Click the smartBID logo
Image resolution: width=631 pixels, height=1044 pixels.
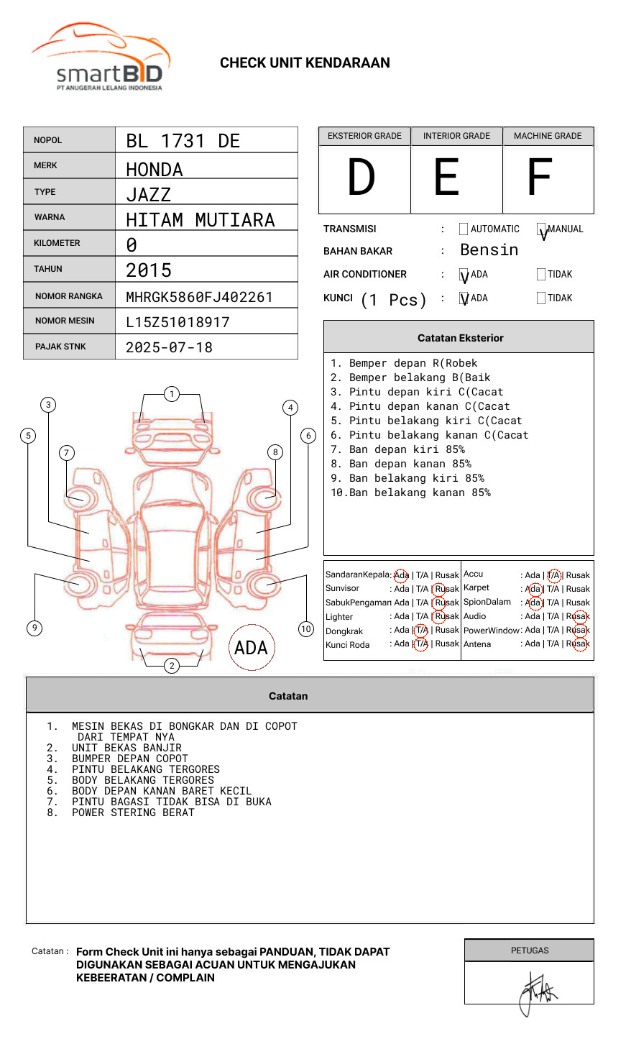tap(101, 57)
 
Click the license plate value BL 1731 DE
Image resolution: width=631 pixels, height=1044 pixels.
tap(183, 141)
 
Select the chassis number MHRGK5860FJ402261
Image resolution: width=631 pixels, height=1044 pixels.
tap(199, 297)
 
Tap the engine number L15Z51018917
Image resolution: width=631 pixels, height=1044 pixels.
tap(178, 322)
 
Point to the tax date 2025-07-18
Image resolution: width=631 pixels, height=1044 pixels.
tap(169, 347)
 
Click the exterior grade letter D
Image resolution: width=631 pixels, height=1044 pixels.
tap(361, 177)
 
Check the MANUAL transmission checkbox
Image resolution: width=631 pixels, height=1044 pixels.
tap(541, 229)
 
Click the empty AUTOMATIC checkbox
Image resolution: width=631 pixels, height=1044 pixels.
tap(464, 229)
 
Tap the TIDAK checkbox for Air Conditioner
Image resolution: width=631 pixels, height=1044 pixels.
tap(541, 274)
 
